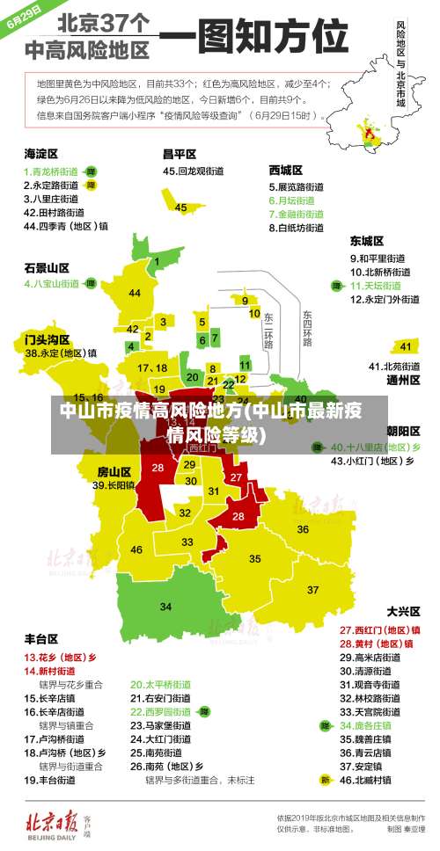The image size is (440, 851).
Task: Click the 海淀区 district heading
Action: tap(40, 153)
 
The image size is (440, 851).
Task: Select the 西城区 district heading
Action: tap(286, 169)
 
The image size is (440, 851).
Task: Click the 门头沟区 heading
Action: tap(47, 338)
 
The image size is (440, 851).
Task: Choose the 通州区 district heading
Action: tap(403, 381)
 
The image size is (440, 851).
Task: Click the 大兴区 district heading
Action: tap(403, 610)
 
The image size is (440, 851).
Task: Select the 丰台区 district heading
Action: tap(41, 638)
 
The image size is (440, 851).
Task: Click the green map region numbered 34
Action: tap(165, 607)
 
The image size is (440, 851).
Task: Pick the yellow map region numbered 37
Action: tap(312, 589)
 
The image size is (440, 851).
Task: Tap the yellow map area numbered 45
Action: tap(180, 207)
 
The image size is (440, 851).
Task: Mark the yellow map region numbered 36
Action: tap(302, 529)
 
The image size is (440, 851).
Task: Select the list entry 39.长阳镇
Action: tap(114, 484)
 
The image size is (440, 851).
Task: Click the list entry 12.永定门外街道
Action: tap(385, 299)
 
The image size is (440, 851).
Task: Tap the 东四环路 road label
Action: tap(307, 327)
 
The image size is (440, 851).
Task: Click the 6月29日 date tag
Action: tap(25, 17)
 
